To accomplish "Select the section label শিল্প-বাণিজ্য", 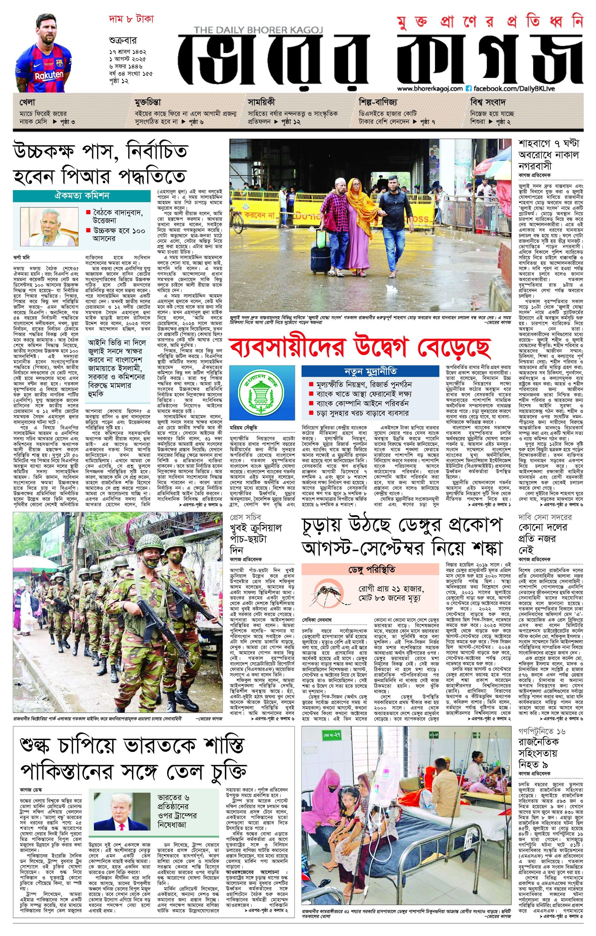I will point(378,102).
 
